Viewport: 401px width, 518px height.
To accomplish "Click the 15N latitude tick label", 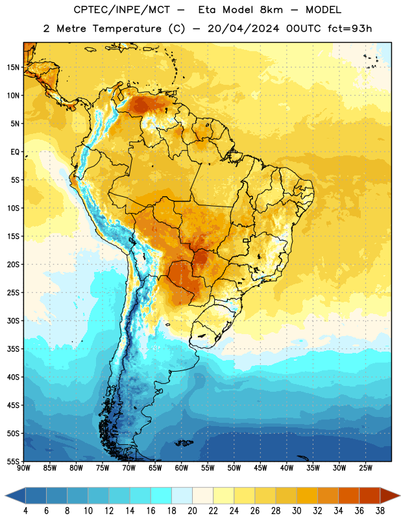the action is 13,67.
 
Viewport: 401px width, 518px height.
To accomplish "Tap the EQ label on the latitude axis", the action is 15,152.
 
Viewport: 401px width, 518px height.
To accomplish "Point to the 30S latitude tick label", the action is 13,321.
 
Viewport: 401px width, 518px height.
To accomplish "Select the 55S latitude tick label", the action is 13,462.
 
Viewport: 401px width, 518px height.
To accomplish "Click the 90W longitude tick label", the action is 24,467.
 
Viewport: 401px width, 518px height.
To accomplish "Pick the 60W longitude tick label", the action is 182,467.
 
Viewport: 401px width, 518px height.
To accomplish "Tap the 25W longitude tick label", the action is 365,467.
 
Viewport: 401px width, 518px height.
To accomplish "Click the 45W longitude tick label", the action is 260,467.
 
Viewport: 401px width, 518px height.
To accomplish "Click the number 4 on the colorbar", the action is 25,511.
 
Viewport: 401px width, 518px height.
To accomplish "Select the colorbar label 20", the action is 192,511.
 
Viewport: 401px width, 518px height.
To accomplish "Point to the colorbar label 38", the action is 380,511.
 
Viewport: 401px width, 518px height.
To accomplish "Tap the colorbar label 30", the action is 297,511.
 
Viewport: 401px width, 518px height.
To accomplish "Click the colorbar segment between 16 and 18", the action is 161,495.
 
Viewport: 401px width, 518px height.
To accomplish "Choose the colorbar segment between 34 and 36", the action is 348,495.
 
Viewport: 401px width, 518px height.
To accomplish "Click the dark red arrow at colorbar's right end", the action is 390,495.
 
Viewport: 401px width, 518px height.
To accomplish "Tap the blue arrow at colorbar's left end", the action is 15,495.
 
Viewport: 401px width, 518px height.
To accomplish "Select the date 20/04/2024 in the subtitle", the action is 243,28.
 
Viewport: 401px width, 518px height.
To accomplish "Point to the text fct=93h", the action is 350,28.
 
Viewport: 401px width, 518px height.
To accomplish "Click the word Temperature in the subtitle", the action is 127,28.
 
